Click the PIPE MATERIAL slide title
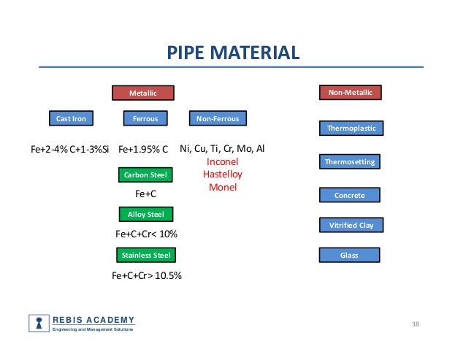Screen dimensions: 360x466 pos(232,53)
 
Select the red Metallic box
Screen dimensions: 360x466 pos(143,93)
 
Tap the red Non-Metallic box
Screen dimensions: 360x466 pos(351,93)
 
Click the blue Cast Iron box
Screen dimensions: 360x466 pos(72,118)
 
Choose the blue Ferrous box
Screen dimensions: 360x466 pos(145,118)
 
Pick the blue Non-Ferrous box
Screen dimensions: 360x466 pos(218,118)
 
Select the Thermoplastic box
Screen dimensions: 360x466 pos(351,129)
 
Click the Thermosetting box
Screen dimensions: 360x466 pos(351,161)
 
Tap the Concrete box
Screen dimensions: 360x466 pos(351,195)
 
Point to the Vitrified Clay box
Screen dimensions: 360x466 pos(351,225)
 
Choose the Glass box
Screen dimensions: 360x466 pos(351,255)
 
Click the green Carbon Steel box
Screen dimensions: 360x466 pos(145,175)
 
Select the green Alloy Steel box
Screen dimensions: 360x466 pos(145,214)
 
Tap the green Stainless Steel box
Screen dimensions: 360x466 pos(145,255)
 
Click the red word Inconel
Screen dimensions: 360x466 pos(223,161)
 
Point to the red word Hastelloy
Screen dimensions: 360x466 pos(223,175)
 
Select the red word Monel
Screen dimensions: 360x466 pos(223,188)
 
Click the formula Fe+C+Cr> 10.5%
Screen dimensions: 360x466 pos(146,276)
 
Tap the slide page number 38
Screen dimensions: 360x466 pos(417,324)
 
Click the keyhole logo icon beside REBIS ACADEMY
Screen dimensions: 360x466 pos(38,323)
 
